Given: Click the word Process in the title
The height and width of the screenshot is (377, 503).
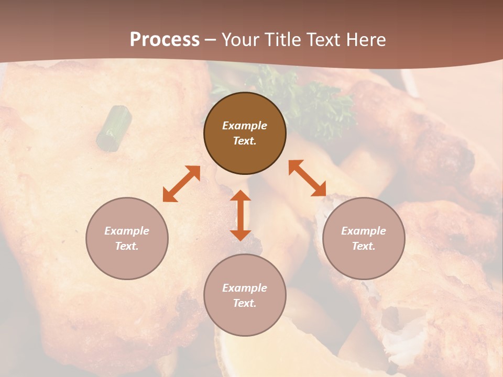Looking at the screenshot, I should click(x=165, y=40).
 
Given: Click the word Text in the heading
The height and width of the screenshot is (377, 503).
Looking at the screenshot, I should click(x=322, y=40).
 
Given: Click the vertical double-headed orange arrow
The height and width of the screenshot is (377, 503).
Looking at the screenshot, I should click(x=240, y=215).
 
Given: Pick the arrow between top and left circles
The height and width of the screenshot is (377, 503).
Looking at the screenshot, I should click(x=181, y=184).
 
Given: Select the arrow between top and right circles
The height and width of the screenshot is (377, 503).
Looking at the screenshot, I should click(x=307, y=178).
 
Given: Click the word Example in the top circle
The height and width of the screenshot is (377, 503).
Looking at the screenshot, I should click(x=245, y=126).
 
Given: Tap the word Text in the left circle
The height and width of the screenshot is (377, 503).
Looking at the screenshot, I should click(x=127, y=246).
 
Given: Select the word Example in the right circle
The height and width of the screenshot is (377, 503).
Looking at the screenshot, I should click(x=364, y=231).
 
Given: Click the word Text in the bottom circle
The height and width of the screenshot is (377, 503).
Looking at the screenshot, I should click(x=245, y=303).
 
